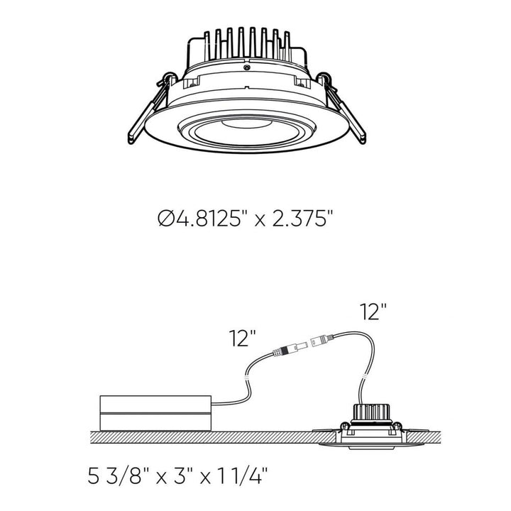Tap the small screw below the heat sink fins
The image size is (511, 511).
coord(246,69)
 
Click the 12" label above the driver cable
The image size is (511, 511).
coord(241,339)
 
